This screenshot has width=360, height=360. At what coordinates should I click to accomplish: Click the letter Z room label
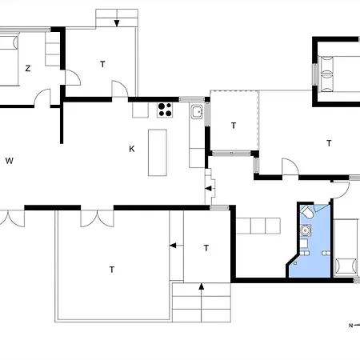click(x=27, y=69)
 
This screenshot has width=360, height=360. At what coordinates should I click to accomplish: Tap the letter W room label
click(x=10, y=161)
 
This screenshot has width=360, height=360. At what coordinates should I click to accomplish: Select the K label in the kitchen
click(x=132, y=149)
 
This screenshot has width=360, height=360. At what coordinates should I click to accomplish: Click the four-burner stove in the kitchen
click(x=166, y=110)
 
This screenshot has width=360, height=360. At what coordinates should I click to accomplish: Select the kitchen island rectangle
click(x=158, y=153)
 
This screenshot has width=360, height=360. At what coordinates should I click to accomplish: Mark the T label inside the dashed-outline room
click(x=234, y=126)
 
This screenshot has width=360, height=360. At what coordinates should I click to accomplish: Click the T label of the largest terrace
click(x=111, y=270)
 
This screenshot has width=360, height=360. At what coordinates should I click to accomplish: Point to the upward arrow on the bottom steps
click(x=202, y=286)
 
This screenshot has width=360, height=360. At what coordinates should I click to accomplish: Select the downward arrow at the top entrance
click(x=117, y=22)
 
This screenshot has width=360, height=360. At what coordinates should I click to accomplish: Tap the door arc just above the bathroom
click(x=341, y=190)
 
